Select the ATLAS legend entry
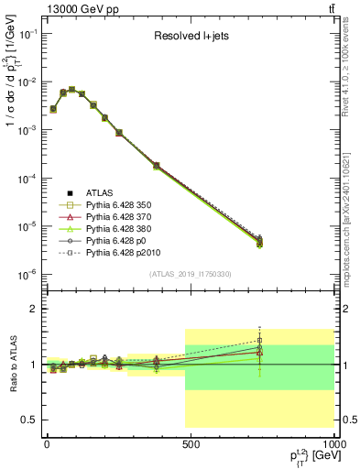pyautogui.click(x=102, y=192)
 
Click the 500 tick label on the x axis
pyautogui.click(x=191, y=442)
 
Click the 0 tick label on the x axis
pyautogui.click(x=47, y=442)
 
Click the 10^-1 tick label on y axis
pyautogui.click(x=27, y=34)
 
